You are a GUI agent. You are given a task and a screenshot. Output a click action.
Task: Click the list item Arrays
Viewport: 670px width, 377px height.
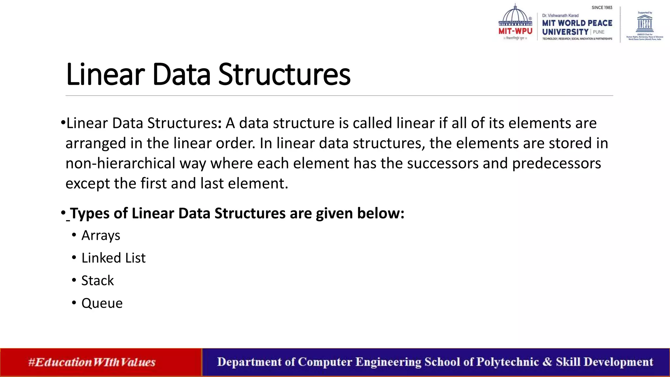tap(100, 236)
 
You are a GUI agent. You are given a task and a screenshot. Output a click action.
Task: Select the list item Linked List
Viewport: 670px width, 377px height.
tap(113, 258)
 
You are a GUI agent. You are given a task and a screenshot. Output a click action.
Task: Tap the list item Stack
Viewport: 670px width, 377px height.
tap(97, 281)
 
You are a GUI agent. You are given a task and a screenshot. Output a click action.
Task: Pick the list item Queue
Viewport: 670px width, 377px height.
tap(102, 303)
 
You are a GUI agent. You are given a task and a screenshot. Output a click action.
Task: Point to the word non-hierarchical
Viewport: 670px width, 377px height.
tap(120, 163)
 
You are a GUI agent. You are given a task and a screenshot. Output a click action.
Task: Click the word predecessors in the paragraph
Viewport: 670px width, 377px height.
tap(556, 163)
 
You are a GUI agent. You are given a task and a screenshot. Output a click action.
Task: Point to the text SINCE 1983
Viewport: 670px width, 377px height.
tap(602, 8)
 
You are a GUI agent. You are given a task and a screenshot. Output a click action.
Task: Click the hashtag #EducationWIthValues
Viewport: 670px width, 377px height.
tap(92, 362)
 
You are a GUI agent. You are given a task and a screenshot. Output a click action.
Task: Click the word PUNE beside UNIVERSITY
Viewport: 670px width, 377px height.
tap(598, 32)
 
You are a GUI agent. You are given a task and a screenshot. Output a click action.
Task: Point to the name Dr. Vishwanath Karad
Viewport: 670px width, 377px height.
tap(560, 15)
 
